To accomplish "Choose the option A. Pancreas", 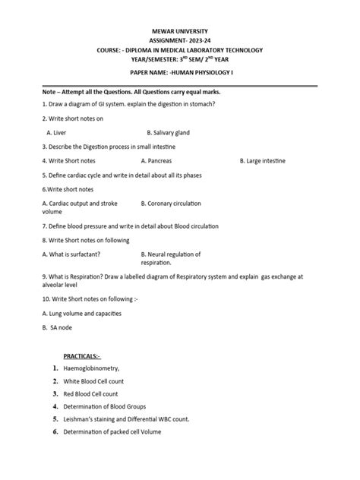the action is (x=160, y=161).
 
